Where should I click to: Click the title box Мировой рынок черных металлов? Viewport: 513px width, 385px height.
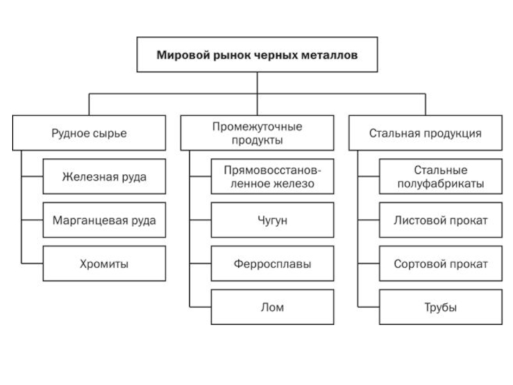pos(257,55)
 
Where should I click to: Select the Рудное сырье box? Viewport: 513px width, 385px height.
pos(89,133)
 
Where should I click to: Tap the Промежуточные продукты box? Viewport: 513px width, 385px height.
pos(257,133)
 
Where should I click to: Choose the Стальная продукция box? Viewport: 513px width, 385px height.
pos(425,133)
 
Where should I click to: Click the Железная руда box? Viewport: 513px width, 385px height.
pos(105,176)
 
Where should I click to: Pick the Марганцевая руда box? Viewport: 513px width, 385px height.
pos(105,220)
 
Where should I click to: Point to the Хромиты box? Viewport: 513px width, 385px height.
pos(105,264)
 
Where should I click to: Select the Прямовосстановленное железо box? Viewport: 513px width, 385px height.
pos(273,176)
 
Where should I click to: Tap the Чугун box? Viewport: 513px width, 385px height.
pos(273,220)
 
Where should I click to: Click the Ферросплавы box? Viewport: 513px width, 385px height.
pos(273,264)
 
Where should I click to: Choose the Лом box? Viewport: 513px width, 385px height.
pos(273,307)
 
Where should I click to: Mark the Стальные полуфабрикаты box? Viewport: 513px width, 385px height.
pos(441,176)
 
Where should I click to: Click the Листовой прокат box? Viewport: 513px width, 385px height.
pos(441,220)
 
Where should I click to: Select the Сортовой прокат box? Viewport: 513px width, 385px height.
pos(441,264)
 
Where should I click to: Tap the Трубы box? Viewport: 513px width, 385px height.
pos(441,307)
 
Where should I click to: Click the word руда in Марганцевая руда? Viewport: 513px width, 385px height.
pos(144,221)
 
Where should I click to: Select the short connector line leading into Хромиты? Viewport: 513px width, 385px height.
pos(32,264)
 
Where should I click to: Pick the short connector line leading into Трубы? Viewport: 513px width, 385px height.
pos(369,307)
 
